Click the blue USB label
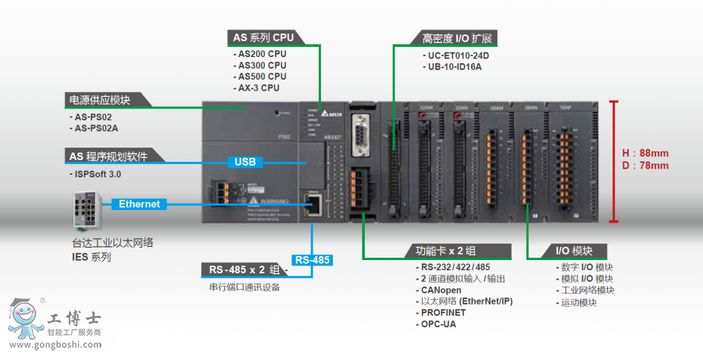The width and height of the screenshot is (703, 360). point(244,162)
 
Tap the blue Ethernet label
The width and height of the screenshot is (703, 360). point(139,204)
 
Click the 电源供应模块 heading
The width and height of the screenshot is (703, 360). point(100,100)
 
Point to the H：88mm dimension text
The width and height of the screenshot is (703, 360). point(646,153)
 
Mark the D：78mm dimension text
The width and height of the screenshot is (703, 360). point(646,165)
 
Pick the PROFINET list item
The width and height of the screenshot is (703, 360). point(444,312)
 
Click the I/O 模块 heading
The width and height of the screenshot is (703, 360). point(574,251)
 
